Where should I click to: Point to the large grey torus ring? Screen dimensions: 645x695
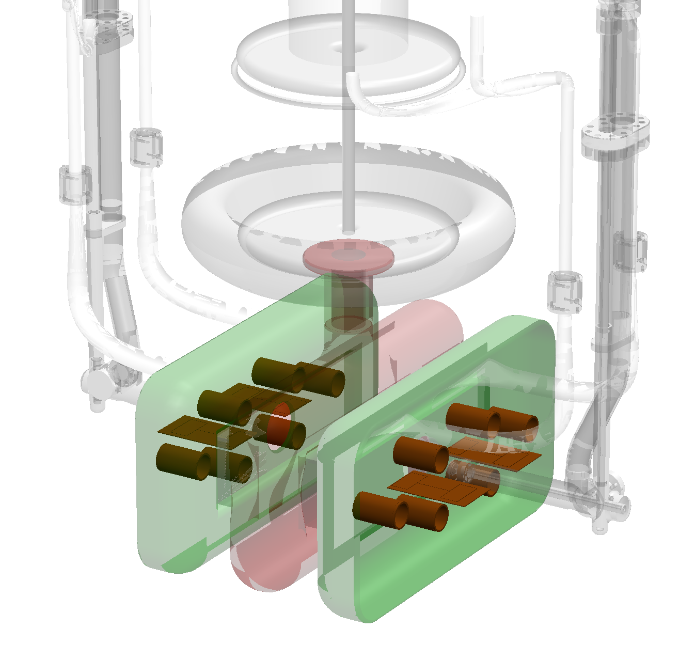[x=217, y=217]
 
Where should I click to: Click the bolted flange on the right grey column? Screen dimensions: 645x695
[x=614, y=132]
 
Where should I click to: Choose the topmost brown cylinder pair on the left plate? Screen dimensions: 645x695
[x=298, y=375]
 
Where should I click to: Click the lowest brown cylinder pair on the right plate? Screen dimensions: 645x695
[x=401, y=511]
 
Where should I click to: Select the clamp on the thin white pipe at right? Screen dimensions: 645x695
[x=564, y=291]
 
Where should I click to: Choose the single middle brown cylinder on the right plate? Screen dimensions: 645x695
[x=421, y=454]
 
